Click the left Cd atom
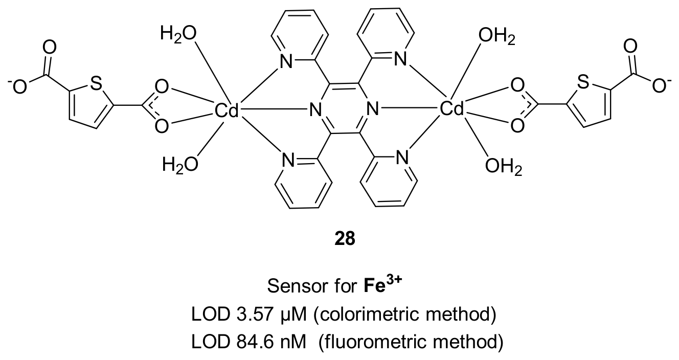(227, 110)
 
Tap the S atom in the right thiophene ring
(583, 82)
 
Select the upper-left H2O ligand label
(178, 34)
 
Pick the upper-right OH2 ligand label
(497, 36)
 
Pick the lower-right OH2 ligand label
(504, 167)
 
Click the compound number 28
(345, 239)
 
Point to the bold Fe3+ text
(383, 284)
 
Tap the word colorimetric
(369, 314)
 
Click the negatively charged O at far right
(660, 86)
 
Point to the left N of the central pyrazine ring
(315, 109)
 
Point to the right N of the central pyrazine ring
(373, 108)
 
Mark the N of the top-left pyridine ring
(286, 62)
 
